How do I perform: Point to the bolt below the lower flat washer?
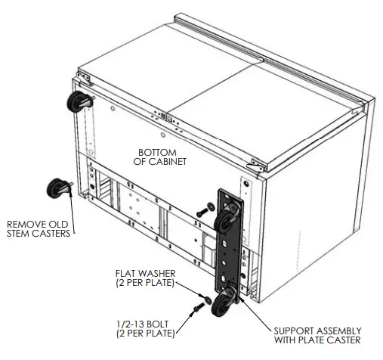(x=199, y=306)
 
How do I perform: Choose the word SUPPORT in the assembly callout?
(x=287, y=331)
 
